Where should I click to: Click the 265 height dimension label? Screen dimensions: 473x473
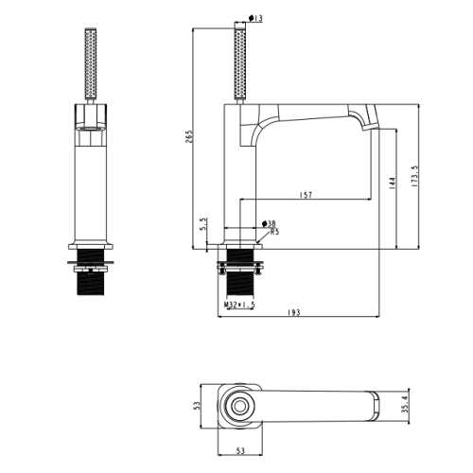[x=188, y=136]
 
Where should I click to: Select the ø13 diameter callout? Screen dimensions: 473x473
[x=255, y=18]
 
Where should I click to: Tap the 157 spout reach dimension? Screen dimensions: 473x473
[x=306, y=195]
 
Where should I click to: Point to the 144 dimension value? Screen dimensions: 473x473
[x=393, y=183]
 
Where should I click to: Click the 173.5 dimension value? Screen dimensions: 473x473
[x=415, y=177]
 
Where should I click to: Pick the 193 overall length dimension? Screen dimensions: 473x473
[x=294, y=312]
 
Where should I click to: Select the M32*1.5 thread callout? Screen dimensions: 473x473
[x=239, y=305]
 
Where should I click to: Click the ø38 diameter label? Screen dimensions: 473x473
[x=269, y=224]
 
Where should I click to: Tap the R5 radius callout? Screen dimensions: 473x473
[x=274, y=232]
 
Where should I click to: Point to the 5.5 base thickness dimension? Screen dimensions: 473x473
[x=203, y=223]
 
